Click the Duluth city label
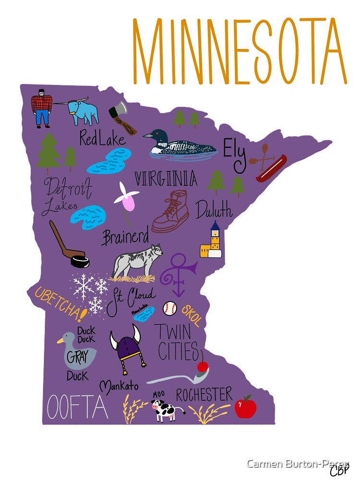214,210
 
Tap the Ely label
235,155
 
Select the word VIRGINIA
166,179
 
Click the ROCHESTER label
204,395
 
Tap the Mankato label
119,386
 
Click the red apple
245,407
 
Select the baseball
169,308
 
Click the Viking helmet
127,347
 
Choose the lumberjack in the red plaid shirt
42,107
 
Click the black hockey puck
80,262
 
